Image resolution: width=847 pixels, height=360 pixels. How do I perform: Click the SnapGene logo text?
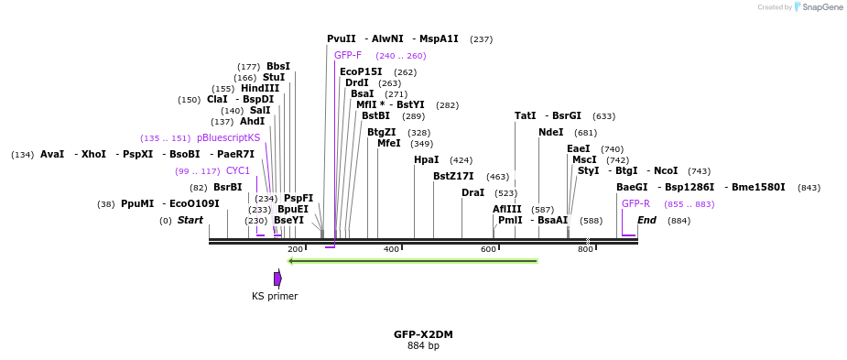[x=819, y=7]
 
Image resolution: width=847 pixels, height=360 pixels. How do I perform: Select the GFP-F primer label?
[x=347, y=56]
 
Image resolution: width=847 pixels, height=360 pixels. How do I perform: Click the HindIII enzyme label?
[x=260, y=89]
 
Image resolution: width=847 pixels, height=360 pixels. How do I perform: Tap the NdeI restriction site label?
[x=551, y=133]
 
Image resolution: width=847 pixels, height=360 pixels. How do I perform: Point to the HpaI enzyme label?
[x=426, y=160]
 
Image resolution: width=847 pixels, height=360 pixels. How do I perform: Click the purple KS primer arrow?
[x=277, y=278]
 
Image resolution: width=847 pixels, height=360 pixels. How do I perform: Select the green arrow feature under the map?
[x=412, y=261]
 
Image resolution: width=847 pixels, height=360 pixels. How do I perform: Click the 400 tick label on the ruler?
[x=391, y=249]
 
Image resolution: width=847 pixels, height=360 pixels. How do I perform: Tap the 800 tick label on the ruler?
[x=585, y=249]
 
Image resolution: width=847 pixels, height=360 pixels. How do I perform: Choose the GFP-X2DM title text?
[x=423, y=334]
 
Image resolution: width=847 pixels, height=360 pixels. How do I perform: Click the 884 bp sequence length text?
[x=423, y=346]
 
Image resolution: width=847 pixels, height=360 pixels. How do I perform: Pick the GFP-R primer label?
[x=635, y=204]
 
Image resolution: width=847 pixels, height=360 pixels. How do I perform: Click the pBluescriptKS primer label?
[x=228, y=138]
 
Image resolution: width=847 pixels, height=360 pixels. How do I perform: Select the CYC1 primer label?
[x=238, y=171]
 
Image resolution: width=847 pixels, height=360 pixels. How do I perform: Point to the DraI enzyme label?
[x=472, y=193]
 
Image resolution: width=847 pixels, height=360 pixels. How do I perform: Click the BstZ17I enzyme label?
[x=453, y=177]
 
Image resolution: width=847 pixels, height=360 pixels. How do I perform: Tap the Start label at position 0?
[x=190, y=221]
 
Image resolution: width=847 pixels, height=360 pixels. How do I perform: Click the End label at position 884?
[x=646, y=221]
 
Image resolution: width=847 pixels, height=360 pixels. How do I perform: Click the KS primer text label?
[x=275, y=297]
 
